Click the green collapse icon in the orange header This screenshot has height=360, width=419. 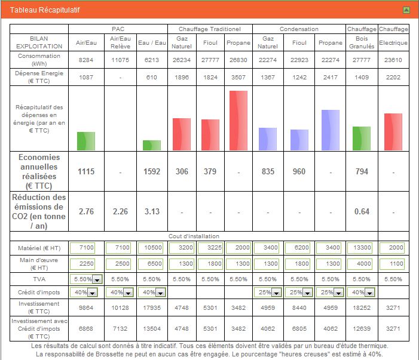point(406,10)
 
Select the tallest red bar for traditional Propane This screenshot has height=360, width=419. point(238,120)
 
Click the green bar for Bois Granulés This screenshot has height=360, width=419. point(362,138)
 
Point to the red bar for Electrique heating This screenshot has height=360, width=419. point(393,131)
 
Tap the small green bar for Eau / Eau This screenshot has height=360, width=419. point(151,145)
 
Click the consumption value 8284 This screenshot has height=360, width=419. point(86,60)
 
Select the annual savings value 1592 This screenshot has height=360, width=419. point(152,171)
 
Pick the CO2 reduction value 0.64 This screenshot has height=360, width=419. point(362,211)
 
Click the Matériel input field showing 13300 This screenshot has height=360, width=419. point(362,247)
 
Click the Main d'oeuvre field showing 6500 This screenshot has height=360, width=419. point(152,263)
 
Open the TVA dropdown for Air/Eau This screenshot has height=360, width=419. point(97,279)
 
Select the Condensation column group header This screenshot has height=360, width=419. point(299,29)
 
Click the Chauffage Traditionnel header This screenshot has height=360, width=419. point(209,29)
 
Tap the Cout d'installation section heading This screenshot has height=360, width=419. point(209,236)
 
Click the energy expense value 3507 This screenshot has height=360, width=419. point(238,76)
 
